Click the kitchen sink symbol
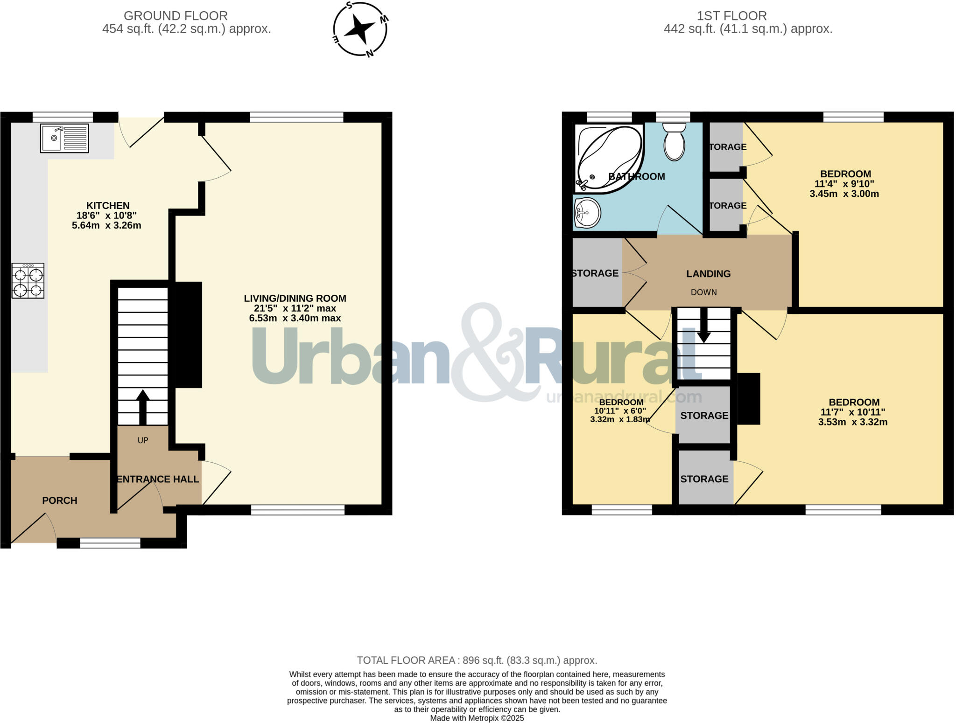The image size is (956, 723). coord(64,138)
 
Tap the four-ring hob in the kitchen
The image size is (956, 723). coord(28,280)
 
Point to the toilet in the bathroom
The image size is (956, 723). coord(674,142)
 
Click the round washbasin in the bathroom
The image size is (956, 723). coord(588,213)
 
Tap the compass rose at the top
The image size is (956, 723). coord(360,29)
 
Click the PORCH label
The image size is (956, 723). coord(60,501)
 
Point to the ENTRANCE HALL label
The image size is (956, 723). coord(158,479)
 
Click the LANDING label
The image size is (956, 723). coord(708,274)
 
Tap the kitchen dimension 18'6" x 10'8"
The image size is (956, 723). coord(106,216)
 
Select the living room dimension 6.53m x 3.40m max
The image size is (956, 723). coord(295,318)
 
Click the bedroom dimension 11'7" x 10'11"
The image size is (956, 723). coord(853,412)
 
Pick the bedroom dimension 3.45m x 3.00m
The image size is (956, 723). coord(844,194)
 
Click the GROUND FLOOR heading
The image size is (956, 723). coord(176,16)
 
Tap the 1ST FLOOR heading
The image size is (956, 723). coord(731,16)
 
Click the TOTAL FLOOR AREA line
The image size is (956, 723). coord(477,660)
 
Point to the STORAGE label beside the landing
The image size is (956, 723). coord(595,273)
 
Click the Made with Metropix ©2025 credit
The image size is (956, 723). coord(477,718)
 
